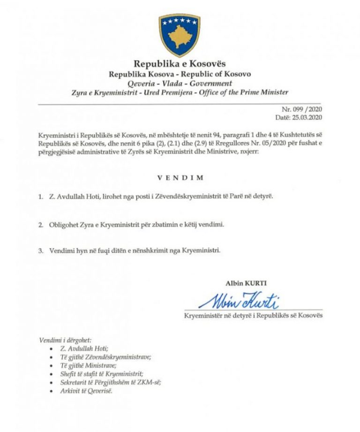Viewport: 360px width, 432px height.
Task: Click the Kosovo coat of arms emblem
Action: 180,34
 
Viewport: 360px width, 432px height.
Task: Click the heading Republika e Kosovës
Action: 180,64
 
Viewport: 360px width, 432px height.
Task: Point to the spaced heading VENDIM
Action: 180,178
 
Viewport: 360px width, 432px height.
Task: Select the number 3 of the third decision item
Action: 40,250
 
